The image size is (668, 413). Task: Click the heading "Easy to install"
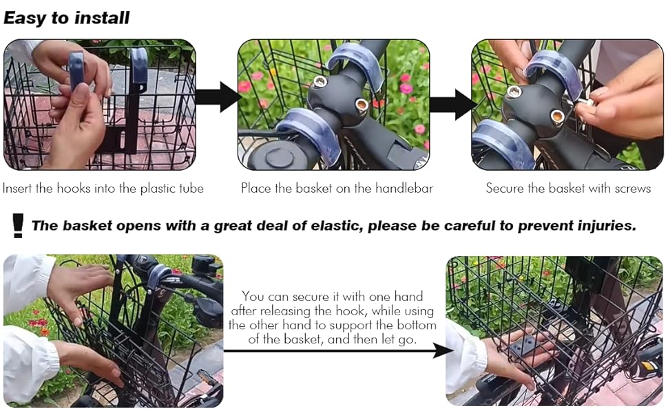click(66, 19)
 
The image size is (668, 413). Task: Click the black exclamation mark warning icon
click(17, 225)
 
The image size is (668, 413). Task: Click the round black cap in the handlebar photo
click(279, 157)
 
